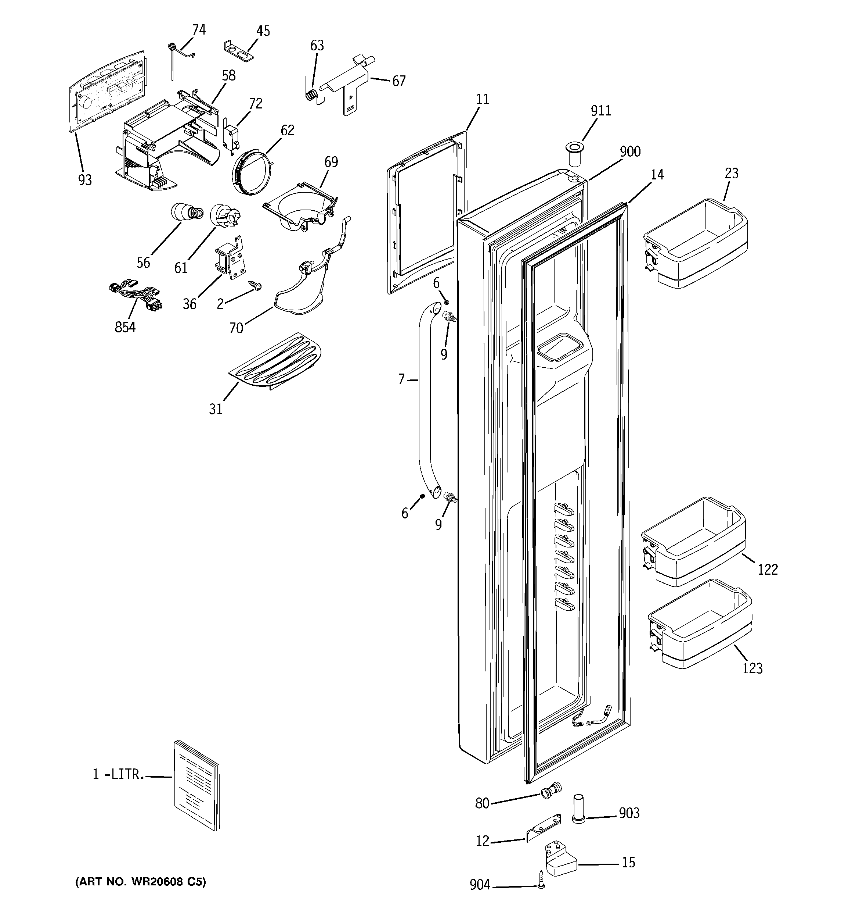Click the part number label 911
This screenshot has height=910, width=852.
(600, 111)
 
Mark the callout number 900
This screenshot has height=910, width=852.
(630, 151)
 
